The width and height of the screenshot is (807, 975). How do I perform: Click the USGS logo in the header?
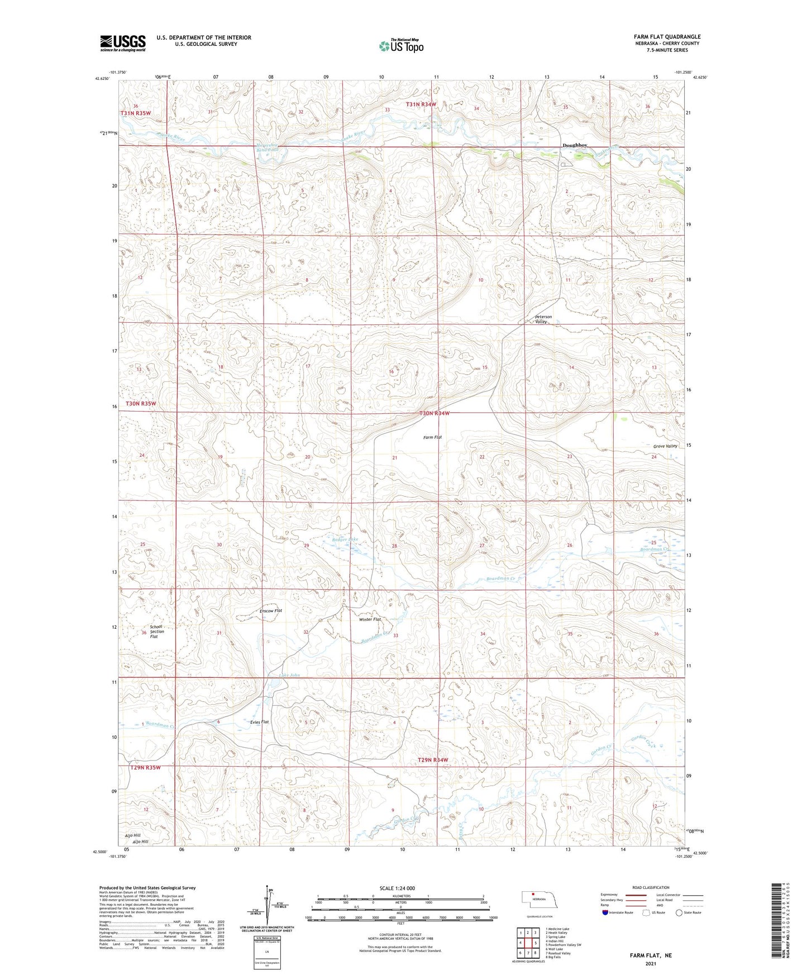[123, 43]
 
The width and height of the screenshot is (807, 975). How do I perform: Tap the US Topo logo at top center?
[401, 46]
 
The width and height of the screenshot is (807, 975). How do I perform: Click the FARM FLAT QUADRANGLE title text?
[667, 36]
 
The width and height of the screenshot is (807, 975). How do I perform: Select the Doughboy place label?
[575, 145]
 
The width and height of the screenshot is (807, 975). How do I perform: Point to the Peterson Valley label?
[543, 319]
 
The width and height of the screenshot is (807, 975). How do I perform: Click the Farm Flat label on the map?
[432, 437]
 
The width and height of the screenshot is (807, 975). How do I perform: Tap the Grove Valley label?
[665, 446]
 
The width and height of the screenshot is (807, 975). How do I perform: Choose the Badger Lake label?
[344, 539]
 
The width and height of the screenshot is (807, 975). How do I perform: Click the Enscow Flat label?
[271, 611]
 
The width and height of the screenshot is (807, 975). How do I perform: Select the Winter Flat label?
[370, 619]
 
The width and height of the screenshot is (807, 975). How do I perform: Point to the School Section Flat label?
[156, 632]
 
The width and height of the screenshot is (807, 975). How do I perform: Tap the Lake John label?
[289, 675]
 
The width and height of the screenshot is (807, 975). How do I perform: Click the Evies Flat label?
[259, 722]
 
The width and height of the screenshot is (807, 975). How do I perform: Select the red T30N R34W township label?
[434, 413]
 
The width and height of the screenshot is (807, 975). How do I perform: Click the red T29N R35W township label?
[145, 767]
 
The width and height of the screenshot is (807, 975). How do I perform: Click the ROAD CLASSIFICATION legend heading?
[651, 887]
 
